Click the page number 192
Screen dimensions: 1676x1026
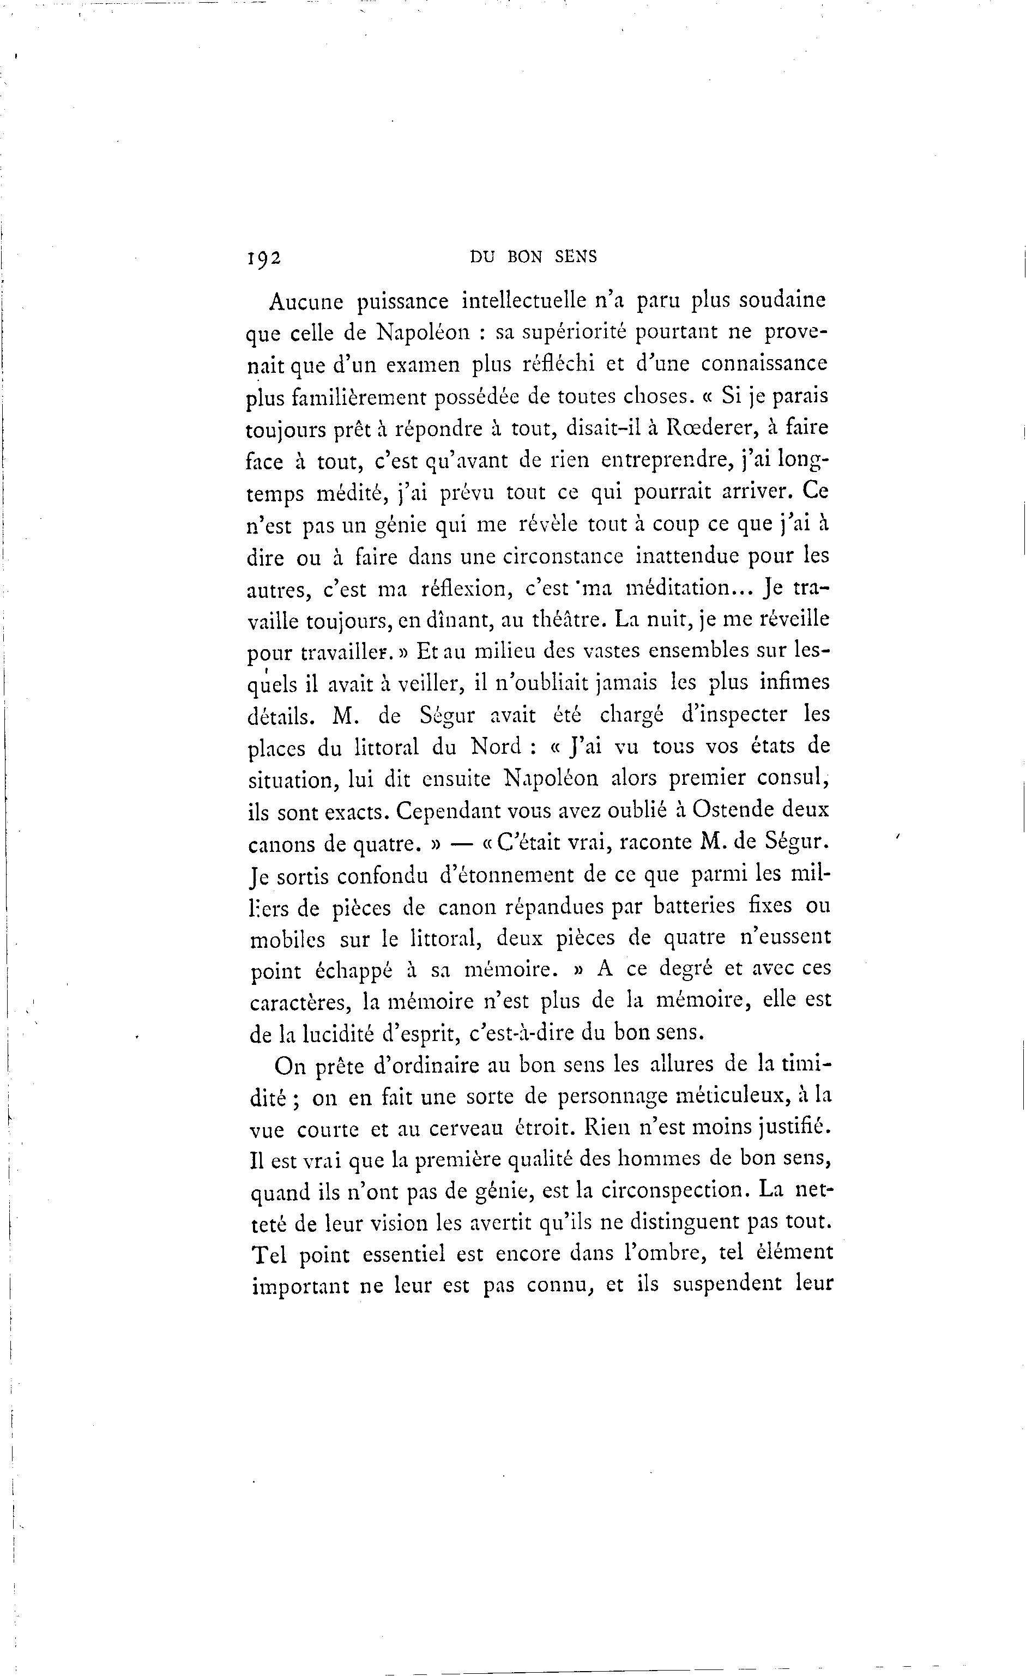(x=264, y=258)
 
